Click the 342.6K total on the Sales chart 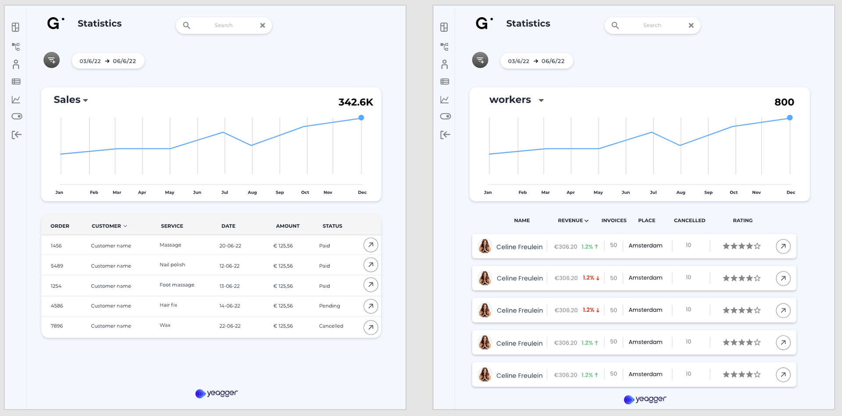click(x=355, y=102)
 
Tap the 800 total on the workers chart click(x=784, y=102)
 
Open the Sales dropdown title click(x=71, y=100)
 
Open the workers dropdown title click(x=516, y=100)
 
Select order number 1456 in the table click(x=56, y=246)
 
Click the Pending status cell click(x=329, y=306)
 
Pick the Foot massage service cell click(x=177, y=285)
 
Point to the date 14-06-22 click(x=230, y=306)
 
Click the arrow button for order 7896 click(x=371, y=327)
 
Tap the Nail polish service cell click(x=172, y=265)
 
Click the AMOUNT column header click(x=288, y=226)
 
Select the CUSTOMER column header click(x=109, y=226)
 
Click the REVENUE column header click(x=573, y=220)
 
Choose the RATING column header click(x=742, y=220)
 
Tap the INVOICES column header click(x=614, y=220)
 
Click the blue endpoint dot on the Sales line click(x=361, y=117)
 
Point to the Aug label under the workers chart click(x=681, y=192)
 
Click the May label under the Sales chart click(x=170, y=192)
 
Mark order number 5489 click(x=57, y=266)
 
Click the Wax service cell click(x=165, y=325)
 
